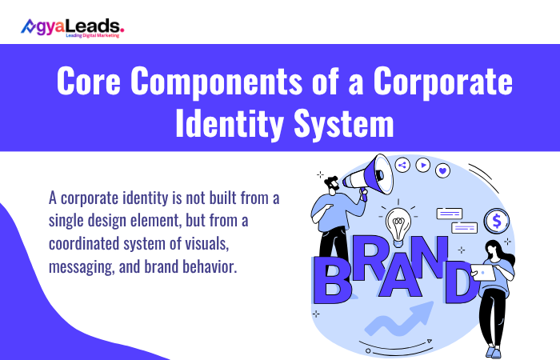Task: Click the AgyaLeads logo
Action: pyautogui.click(x=72, y=30)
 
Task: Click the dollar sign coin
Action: pyautogui.click(x=498, y=219)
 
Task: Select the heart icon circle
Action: pyautogui.click(x=443, y=170)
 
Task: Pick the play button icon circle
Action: pyautogui.click(x=422, y=166)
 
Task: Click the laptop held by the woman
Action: pyautogui.click(x=483, y=273)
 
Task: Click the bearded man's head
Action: pyautogui.click(x=332, y=183)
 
